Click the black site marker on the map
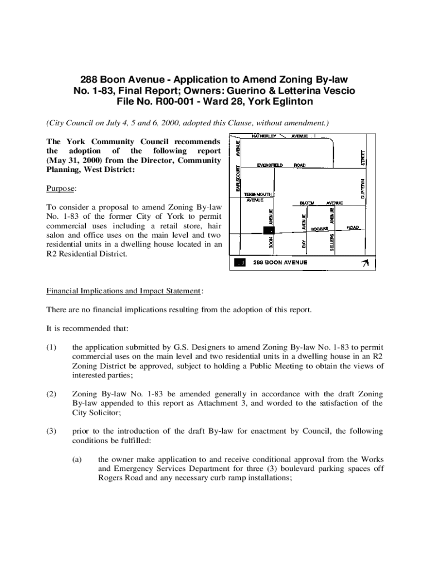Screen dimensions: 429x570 [269, 230]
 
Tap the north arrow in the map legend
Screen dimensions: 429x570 [365, 263]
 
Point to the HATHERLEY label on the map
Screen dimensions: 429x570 [264, 136]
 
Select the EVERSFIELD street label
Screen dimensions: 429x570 [270, 165]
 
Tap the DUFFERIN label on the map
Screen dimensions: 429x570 [362, 189]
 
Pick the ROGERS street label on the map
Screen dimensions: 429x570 [319, 229]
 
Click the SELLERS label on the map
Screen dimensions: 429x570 [331, 243]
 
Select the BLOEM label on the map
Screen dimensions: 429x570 [307, 203]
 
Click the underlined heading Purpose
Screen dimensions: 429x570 [60, 189]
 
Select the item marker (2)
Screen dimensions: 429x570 [51, 394]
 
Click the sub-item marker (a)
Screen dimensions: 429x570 [77, 459]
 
